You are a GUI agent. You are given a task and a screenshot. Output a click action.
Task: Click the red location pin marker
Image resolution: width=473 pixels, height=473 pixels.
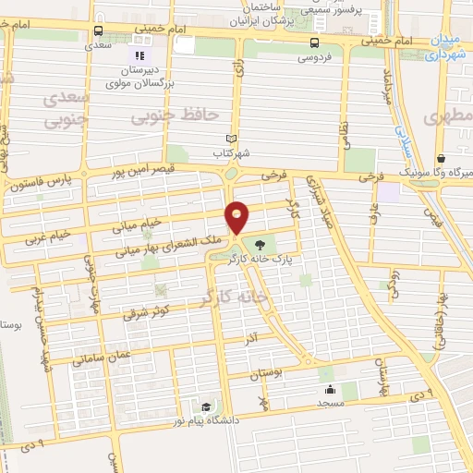click(237, 216)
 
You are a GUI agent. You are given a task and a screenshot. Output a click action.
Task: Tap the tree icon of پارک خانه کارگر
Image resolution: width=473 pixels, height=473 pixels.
click(260, 245)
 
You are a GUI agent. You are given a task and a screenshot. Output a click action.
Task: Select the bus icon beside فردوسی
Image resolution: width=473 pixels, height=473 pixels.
click(316, 42)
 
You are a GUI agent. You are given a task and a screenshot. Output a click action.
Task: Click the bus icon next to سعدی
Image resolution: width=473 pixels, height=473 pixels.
click(99, 28)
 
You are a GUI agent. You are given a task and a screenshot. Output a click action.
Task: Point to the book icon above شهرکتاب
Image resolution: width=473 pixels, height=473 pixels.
click(243, 138)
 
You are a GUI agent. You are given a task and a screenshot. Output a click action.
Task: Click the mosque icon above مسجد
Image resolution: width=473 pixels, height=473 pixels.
click(330, 389)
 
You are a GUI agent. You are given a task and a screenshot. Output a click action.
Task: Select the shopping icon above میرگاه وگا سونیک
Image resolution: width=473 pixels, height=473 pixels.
click(442, 158)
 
